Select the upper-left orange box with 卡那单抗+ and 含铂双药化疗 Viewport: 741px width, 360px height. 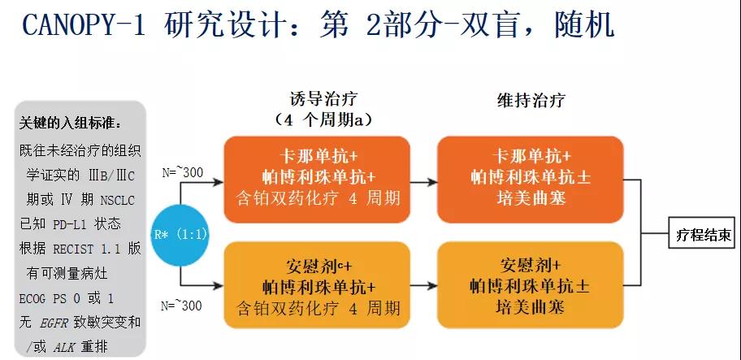(318, 176)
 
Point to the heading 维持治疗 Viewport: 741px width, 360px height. (531, 100)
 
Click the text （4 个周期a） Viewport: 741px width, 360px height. (323, 120)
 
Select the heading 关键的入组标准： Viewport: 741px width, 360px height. (71, 124)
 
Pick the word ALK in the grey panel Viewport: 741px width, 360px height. (64, 347)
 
